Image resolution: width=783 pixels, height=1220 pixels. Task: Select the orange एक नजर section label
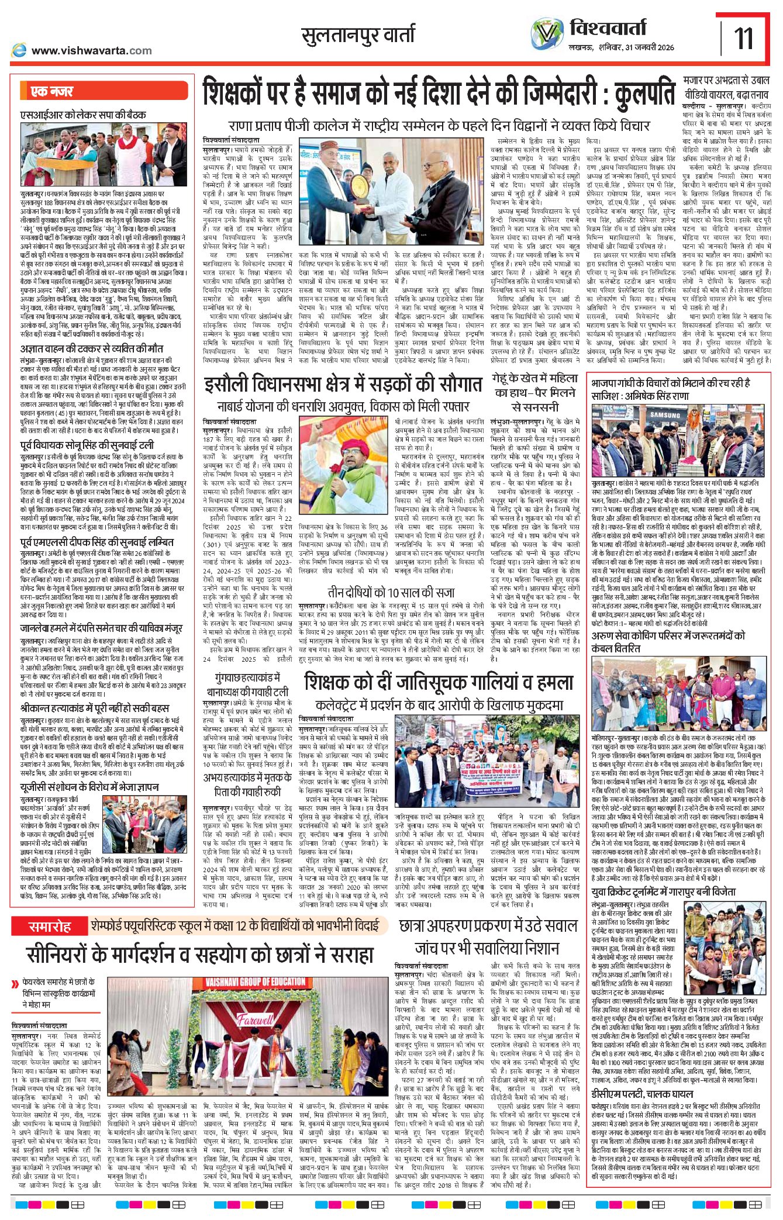click(x=52, y=91)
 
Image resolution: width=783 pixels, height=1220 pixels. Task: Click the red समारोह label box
click(x=50, y=927)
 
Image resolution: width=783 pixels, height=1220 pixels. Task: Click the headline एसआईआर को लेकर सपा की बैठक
click(x=82, y=115)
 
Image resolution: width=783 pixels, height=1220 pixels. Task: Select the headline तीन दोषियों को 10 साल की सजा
click(x=391, y=592)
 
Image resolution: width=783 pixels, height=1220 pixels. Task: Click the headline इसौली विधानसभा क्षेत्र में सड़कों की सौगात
click(x=343, y=385)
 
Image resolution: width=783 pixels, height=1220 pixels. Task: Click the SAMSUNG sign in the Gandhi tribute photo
click(x=664, y=415)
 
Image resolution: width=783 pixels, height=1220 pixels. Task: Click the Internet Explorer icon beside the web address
click(x=19, y=50)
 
